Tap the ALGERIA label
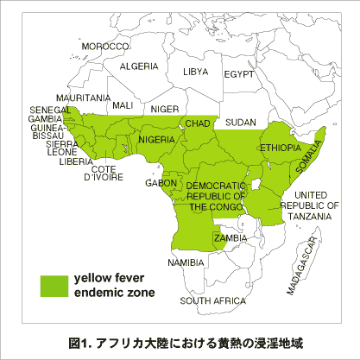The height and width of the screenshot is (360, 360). (139, 66)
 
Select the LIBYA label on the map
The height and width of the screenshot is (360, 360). (196, 72)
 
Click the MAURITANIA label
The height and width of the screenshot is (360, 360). (83, 98)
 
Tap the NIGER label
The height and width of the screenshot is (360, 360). (164, 110)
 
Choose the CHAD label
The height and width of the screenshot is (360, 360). (198, 124)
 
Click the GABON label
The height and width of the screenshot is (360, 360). (161, 183)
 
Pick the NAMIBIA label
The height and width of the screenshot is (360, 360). (186, 262)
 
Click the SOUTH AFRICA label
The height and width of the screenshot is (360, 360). (212, 301)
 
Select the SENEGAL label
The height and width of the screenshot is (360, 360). (50, 111)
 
